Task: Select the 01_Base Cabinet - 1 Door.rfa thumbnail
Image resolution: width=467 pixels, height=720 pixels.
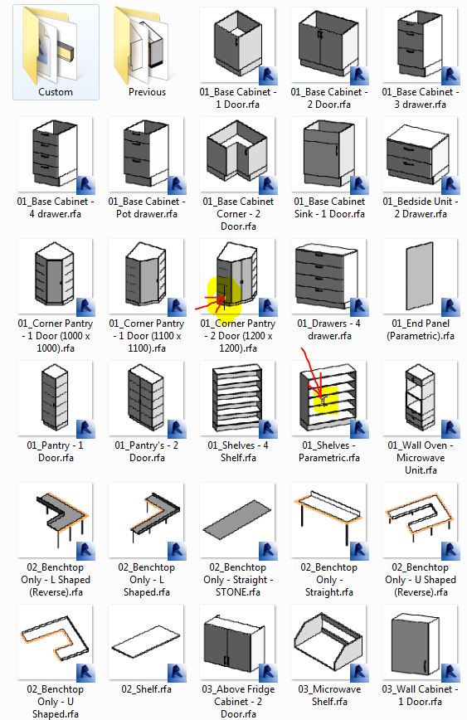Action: point(238,45)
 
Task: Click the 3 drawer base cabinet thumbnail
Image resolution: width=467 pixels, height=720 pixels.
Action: point(421,45)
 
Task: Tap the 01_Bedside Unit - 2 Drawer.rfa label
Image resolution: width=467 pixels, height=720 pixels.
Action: point(421,207)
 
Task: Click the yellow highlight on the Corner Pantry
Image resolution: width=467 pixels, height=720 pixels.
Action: point(224,297)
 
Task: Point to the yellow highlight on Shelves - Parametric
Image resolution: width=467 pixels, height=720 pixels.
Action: point(326,401)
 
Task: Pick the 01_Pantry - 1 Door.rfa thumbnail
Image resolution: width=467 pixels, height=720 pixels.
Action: point(55,398)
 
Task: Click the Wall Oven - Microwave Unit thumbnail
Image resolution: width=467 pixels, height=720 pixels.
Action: point(421,398)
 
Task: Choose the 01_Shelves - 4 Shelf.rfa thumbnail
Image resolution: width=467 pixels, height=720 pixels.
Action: point(238,398)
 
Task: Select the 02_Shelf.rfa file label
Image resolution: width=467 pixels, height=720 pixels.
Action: point(147,689)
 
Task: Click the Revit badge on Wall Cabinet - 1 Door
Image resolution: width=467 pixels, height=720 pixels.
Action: point(450,672)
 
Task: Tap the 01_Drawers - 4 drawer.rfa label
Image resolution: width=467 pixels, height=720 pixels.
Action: point(329,329)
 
